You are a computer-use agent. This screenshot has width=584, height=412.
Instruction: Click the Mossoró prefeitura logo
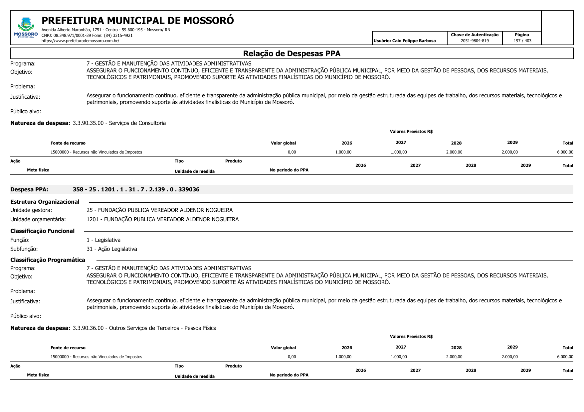[x=26, y=28]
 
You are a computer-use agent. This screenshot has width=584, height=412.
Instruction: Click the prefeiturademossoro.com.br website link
[x=80, y=41]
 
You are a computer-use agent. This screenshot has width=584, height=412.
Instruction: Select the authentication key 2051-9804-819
[x=475, y=41]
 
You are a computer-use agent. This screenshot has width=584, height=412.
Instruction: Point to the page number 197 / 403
[x=522, y=41]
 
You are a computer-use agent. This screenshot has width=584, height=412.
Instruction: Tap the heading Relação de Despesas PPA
[x=292, y=53]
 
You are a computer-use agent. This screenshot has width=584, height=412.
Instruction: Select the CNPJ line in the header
[x=87, y=35]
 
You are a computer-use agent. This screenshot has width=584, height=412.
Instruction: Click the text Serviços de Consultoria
[x=137, y=123]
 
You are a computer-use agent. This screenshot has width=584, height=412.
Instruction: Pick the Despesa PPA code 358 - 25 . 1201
[x=136, y=189]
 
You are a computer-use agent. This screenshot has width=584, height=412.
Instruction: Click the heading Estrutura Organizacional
[x=45, y=202]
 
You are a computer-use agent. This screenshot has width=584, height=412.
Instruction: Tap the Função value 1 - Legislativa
[x=103, y=240]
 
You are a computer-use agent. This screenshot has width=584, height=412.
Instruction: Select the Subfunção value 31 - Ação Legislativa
[x=111, y=249]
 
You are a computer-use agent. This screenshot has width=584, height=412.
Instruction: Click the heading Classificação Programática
[x=48, y=260]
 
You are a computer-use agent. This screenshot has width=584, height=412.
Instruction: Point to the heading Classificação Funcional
[x=42, y=231]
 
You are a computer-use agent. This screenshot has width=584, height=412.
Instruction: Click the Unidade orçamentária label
[x=38, y=219]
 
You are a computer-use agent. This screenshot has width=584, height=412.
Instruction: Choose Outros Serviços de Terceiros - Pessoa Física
[x=162, y=328]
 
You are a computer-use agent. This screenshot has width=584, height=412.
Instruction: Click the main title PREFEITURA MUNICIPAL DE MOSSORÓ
[x=137, y=21]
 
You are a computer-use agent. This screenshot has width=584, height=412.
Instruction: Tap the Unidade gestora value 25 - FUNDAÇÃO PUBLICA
[x=159, y=210]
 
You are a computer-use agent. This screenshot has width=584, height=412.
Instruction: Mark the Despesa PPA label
[x=29, y=189]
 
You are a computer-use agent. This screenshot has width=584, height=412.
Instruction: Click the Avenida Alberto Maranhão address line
[x=105, y=30]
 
